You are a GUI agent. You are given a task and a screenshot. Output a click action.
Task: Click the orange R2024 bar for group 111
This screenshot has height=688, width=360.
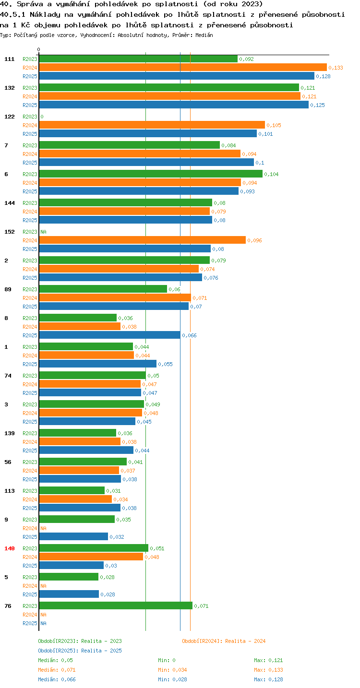click(x=183, y=67)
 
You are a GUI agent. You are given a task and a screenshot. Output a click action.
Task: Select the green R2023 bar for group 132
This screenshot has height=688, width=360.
click(x=169, y=87)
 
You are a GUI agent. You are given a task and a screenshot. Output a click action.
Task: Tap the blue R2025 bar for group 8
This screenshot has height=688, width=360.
click(x=109, y=335)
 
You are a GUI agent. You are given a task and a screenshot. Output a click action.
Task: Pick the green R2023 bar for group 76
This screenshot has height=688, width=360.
click(x=116, y=605)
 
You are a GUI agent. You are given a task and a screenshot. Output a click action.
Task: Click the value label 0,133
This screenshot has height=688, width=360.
click(x=336, y=68)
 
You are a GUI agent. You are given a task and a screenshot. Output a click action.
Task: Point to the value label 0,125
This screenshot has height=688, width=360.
click(x=317, y=105)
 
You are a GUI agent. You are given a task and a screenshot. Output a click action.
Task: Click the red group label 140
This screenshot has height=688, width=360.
click(x=10, y=548)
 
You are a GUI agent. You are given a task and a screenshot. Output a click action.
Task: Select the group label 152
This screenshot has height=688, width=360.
click(x=10, y=232)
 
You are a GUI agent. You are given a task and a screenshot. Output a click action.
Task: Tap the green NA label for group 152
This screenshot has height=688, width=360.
click(x=43, y=232)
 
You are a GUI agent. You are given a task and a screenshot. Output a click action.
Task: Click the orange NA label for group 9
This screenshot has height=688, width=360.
click(x=43, y=528)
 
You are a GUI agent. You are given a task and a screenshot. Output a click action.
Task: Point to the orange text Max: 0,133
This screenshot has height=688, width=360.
click(x=268, y=670)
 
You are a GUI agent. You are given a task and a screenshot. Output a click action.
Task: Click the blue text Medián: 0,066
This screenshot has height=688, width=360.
click(x=57, y=679)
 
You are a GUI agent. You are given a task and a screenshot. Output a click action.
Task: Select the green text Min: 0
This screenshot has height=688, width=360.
click(x=167, y=660)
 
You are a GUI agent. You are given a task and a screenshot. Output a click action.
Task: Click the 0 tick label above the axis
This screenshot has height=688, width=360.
click(x=38, y=49)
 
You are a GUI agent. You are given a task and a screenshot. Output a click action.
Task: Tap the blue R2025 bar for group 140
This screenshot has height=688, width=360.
click(x=71, y=565)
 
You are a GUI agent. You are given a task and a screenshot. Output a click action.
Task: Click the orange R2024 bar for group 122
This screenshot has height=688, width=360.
click(x=152, y=125)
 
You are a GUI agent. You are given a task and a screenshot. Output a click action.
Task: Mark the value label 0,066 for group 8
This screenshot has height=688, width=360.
click(x=189, y=335)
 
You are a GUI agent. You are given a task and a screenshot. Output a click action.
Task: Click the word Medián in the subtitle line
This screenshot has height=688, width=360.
click(x=204, y=35)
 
